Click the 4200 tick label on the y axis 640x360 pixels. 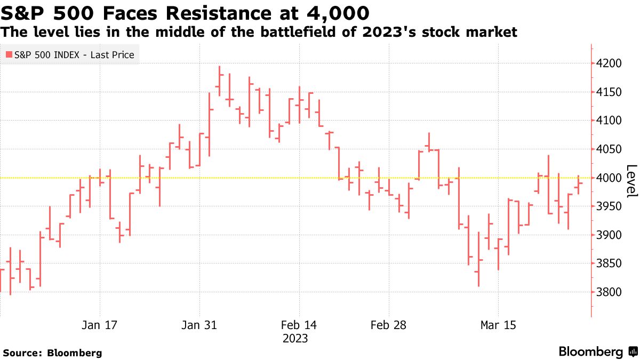coord(610,63)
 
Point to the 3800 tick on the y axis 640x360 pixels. coord(610,292)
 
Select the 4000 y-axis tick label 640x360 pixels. coord(610,178)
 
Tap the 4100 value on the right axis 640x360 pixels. coord(610,121)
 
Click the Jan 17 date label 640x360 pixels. coord(100,325)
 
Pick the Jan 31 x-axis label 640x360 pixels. coord(199,325)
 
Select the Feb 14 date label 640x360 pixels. coord(299,325)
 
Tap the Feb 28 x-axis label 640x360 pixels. coord(388,325)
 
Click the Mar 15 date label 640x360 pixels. coord(498,325)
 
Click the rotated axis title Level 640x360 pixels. coord(631,181)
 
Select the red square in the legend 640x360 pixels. coord(9,54)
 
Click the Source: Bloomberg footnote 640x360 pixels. coord(52,353)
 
